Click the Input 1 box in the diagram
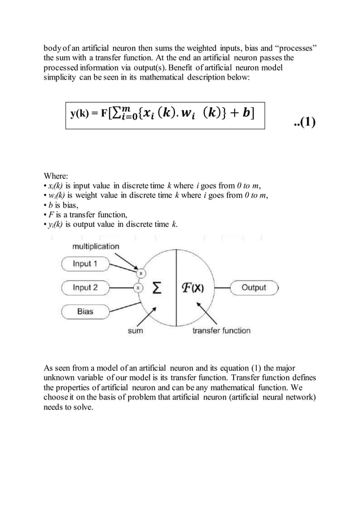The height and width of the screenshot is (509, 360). (x=85, y=264)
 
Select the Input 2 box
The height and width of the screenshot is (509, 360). (x=85, y=287)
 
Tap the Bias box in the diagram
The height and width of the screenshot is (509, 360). (x=85, y=311)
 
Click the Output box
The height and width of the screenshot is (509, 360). (x=253, y=287)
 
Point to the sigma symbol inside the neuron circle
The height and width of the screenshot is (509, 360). (x=159, y=288)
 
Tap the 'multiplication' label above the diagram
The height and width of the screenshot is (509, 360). (x=95, y=246)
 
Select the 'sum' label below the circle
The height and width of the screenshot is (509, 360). (x=135, y=331)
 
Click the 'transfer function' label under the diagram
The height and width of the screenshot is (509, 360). (x=221, y=331)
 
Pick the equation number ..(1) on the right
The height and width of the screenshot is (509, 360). (x=305, y=124)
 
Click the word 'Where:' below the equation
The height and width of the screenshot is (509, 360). (x=57, y=175)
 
